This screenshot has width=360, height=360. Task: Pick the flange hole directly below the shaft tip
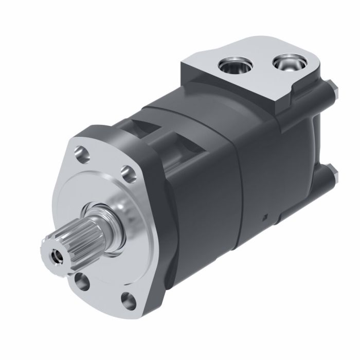point(80,280)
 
